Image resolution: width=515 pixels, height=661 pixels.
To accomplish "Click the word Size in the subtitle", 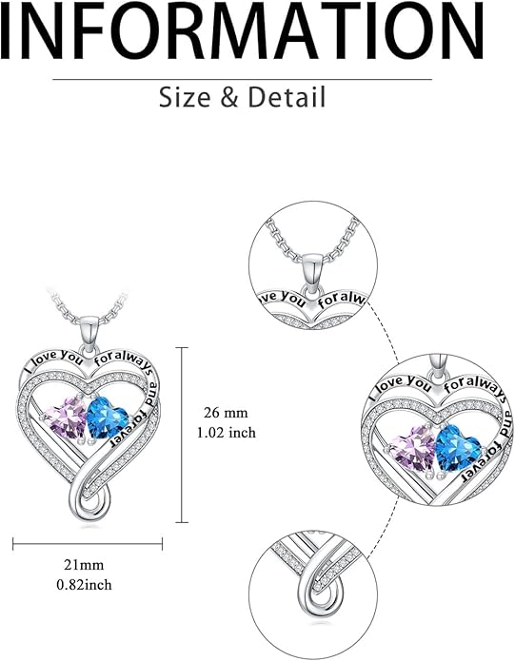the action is [185, 97].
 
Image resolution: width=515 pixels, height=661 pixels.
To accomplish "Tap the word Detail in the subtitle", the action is [287, 97].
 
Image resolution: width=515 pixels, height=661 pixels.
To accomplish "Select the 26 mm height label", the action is [226, 412].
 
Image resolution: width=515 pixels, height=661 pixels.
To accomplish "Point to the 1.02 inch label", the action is [227, 433].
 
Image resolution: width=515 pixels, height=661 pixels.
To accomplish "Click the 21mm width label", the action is [84, 564].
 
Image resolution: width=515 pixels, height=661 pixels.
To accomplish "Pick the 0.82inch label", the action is [85, 584].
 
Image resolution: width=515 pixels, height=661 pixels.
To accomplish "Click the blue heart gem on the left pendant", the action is [108, 418].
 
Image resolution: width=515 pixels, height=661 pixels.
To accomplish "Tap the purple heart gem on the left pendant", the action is [67, 418].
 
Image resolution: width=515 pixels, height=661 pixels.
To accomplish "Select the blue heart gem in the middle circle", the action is [457, 448].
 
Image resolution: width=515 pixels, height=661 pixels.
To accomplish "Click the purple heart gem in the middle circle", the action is [413, 448].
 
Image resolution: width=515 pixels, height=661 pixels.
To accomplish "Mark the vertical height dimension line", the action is [182, 435].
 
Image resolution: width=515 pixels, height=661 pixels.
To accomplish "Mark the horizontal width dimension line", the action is [88, 544].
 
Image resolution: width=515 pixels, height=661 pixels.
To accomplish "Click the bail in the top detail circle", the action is [313, 273].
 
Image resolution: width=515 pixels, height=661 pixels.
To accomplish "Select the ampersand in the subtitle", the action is [229, 97].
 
